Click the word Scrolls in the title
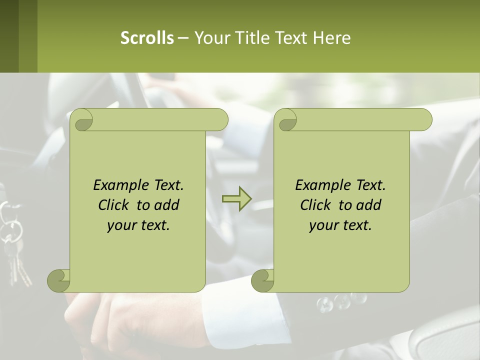(x=147, y=38)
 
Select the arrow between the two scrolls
(x=237, y=199)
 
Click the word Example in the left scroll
(x=118, y=185)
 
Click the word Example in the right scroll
(x=320, y=185)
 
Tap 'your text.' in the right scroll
(x=340, y=225)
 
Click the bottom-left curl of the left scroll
(x=59, y=280)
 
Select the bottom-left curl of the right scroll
(x=262, y=280)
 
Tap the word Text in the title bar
(x=290, y=38)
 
